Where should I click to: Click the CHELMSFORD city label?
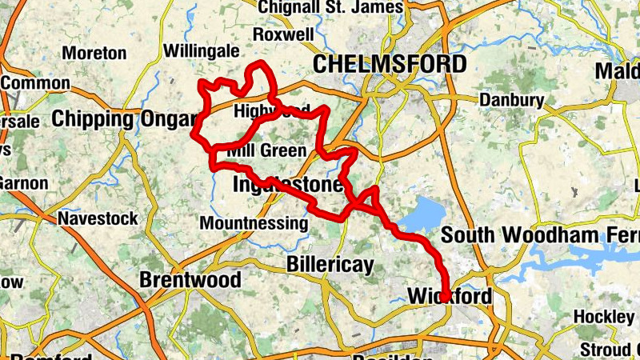pyautogui.click(x=390, y=64)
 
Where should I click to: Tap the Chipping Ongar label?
pyautogui.click(x=123, y=119)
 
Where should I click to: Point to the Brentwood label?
pyautogui.click(x=190, y=280)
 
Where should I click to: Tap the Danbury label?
pyautogui.click(x=512, y=100)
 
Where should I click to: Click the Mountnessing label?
pyautogui.click(x=254, y=223)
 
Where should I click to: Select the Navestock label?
pyautogui.click(x=98, y=218)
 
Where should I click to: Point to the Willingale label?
pyautogui.click(x=201, y=51)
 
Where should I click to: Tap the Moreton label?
pyautogui.click(x=94, y=53)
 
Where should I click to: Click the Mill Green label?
pyautogui.click(x=266, y=151)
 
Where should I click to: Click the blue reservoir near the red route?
pyautogui.click(x=422, y=214)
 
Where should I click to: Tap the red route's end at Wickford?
pyautogui.click(x=444, y=298)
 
